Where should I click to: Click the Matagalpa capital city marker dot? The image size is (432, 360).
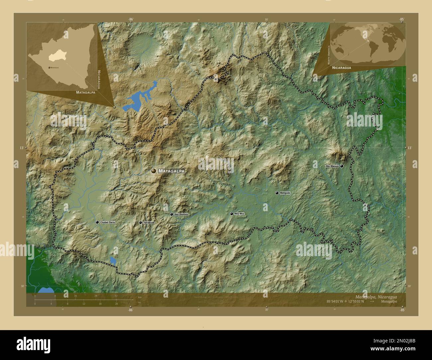pyautogui.click(x=154, y=171)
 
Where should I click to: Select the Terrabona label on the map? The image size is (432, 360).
pyautogui.click(x=149, y=223)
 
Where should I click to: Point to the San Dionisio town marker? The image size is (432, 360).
pyautogui.click(x=171, y=215)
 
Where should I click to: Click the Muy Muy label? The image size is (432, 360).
pyautogui.click(x=239, y=214)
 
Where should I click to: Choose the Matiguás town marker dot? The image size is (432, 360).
pyautogui.click(x=276, y=193)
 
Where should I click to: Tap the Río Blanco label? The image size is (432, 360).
pyautogui.click(x=332, y=166)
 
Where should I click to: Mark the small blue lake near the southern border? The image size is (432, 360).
pyautogui.click(x=113, y=261)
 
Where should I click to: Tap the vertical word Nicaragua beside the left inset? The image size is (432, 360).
pyautogui.click(x=99, y=80)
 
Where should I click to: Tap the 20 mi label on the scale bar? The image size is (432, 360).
pyautogui.click(x=116, y=304)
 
